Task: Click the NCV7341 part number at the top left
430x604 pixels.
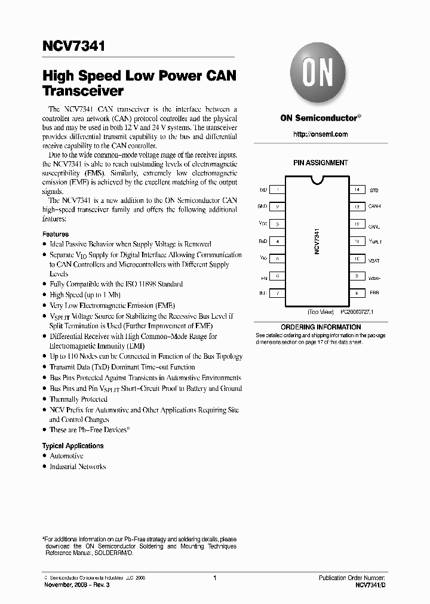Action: pyautogui.click(x=73, y=47)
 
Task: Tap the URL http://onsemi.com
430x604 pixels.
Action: pyautogui.click(x=320, y=134)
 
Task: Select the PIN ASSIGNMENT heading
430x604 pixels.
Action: pyautogui.click(x=320, y=162)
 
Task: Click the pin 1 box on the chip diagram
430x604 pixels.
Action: pyautogui.click(x=278, y=190)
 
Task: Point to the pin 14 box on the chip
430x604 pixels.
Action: pyautogui.click(x=357, y=190)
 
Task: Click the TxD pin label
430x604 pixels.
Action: pyautogui.click(x=262, y=190)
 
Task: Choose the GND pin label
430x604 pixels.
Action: pyautogui.click(x=262, y=207)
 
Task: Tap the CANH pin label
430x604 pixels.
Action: pyautogui.click(x=374, y=207)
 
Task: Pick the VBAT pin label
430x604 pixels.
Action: pyautogui.click(x=374, y=260)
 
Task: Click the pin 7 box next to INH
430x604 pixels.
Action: pyautogui.click(x=278, y=294)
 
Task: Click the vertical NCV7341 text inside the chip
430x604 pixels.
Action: pyautogui.click(x=317, y=242)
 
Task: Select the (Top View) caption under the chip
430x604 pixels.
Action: pyautogui.click(x=321, y=312)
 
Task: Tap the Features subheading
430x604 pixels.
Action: pyautogui.click(x=56, y=235)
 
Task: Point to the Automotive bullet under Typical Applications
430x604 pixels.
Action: pyautogui.click(x=66, y=456)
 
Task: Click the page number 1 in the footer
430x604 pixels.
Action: pyautogui.click(x=214, y=578)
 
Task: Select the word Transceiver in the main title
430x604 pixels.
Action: pyautogui.click(x=83, y=91)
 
